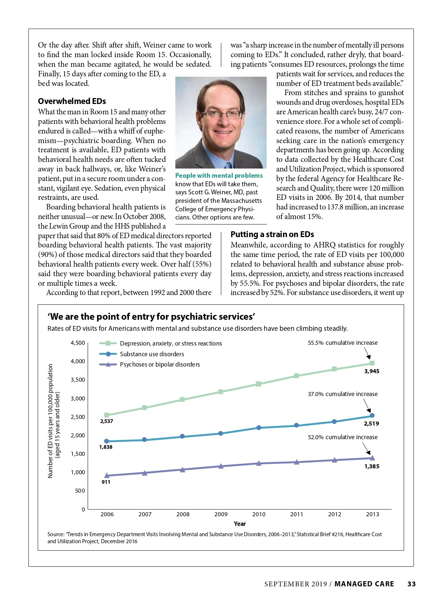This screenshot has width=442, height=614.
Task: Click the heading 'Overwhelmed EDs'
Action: click(72, 101)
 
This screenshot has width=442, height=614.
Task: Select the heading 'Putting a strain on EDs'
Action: click(272, 235)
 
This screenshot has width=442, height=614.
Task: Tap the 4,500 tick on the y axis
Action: click(78, 343)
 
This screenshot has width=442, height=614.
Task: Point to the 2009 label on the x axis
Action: click(221, 514)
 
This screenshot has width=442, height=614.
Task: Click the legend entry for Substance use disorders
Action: click(152, 354)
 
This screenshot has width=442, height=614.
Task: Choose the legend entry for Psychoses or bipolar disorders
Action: click(159, 365)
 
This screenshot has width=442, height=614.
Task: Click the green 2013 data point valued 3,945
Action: click(372, 363)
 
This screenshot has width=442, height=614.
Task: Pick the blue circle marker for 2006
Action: click(107, 441)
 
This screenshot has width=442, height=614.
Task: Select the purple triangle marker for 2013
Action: click(372, 458)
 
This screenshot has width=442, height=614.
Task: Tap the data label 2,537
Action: click(106, 421)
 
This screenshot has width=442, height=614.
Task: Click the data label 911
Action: click(106, 482)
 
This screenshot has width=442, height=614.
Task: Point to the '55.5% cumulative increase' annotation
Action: click(343, 343)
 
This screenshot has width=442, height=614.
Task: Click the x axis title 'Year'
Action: click(240, 524)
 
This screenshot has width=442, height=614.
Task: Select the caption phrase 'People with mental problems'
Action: click(219, 176)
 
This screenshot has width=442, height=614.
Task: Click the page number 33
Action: click(411, 584)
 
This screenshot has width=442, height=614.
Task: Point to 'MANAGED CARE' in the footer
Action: click(364, 584)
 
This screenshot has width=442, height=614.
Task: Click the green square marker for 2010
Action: click(259, 384)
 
